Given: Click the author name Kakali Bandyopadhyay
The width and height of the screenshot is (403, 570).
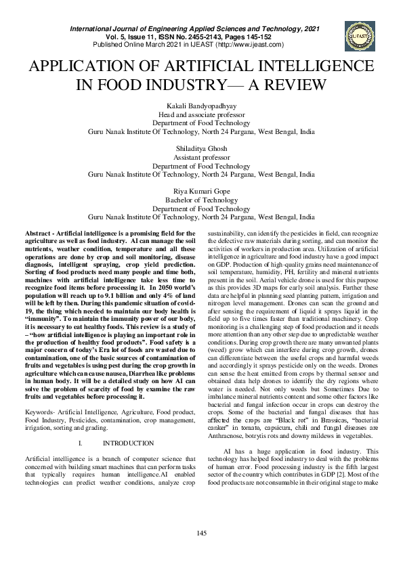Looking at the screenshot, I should coord(201,106).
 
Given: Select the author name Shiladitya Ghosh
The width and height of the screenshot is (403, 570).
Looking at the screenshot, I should coord(201,148).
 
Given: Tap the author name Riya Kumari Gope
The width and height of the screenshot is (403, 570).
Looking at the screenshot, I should coord(201,192).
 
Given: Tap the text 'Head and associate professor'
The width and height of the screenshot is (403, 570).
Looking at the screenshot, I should coord(201,114).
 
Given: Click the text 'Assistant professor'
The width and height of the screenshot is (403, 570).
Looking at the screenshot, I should coord(201,156).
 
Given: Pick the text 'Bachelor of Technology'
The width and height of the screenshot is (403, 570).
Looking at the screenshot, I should coord(201,200).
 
